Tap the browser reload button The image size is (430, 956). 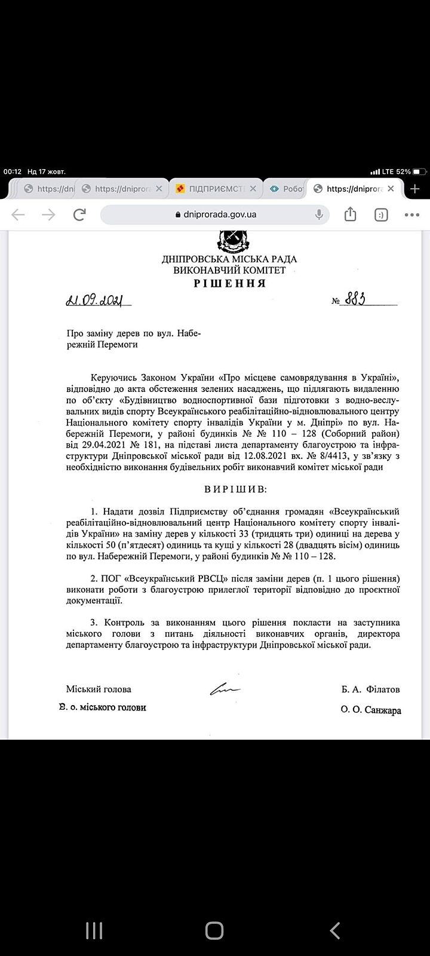(79, 215)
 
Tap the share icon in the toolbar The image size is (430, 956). (351, 215)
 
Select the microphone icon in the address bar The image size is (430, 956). (320, 215)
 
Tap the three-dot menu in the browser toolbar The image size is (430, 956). (412, 215)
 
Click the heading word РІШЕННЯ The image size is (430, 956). (229, 283)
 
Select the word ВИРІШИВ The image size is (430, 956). (236, 489)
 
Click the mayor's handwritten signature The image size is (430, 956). (225, 689)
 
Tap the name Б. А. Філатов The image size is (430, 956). (370, 690)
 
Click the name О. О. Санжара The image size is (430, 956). (371, 710)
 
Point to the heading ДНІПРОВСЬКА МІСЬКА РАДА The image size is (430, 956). (229, 259)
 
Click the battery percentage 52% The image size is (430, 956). (403, 171)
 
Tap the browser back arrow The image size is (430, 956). (19, 215)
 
